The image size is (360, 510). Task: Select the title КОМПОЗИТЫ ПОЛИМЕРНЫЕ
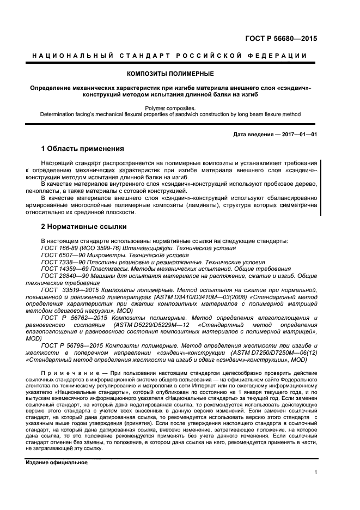point(170,73)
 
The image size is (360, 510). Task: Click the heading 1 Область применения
point(83,149)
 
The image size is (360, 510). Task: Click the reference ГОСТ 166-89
point(58,248)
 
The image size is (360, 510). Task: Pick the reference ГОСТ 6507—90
point(62,255)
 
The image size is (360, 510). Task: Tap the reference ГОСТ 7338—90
point(62,262)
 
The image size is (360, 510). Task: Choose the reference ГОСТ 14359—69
point(64,269)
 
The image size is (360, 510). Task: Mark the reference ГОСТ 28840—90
point(64,276)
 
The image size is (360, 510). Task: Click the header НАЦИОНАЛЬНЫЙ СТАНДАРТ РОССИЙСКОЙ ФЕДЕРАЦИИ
point(170,56)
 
